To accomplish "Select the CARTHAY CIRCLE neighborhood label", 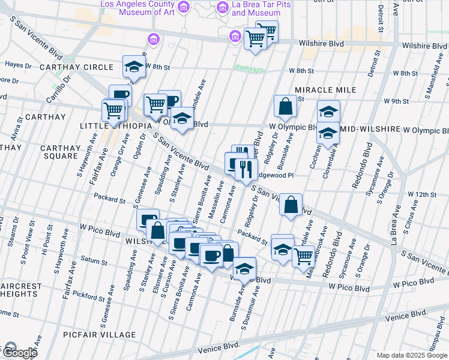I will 76,67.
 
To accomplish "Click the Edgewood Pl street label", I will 274,175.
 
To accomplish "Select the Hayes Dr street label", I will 17,64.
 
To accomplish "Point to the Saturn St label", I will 93,262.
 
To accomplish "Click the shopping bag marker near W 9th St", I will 285,106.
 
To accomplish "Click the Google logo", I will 19,352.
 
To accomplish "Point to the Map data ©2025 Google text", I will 411,355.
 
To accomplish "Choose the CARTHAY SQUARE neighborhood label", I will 61,152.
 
